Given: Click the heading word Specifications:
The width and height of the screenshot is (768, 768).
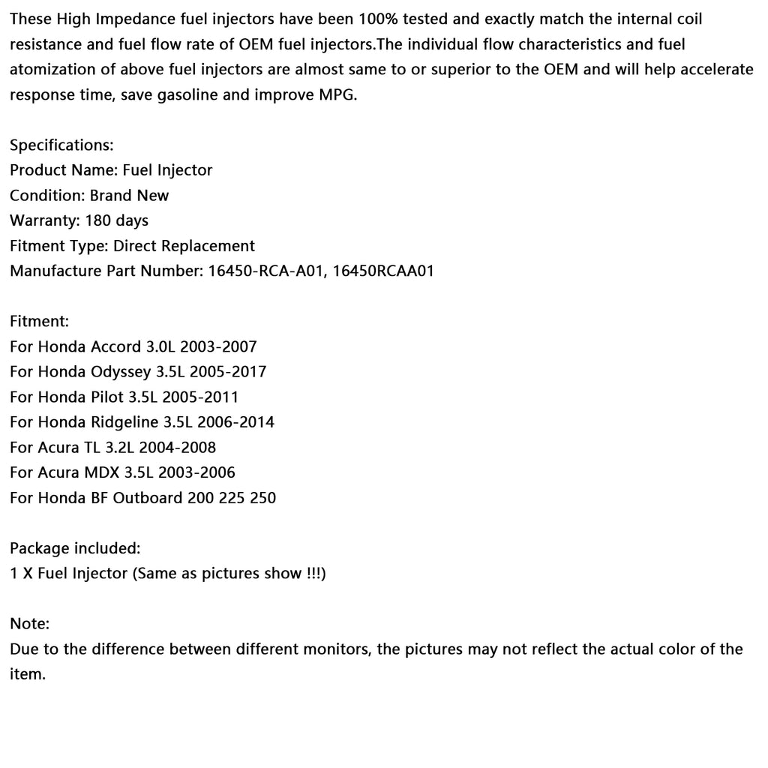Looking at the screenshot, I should [61, 145].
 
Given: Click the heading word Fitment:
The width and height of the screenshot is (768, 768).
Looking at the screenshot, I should [39, 322].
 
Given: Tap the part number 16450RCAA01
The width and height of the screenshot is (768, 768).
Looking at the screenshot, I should [383, 271].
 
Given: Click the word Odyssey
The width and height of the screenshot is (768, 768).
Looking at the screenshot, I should [121, 372].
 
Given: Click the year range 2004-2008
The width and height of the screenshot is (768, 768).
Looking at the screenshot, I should [177, 448].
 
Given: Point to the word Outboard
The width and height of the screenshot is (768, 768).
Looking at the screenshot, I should [146, 498].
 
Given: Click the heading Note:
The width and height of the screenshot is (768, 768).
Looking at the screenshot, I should [30, 624].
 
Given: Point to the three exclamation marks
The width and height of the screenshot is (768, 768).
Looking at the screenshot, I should [313, 574].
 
